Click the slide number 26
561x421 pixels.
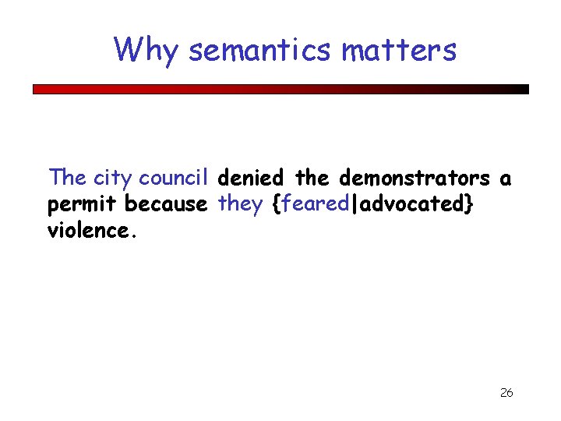[506, 392]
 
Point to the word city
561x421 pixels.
[112, 179]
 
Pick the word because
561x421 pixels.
[166, 204]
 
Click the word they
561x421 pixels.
[241, 204]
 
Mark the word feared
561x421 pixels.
[316, 204]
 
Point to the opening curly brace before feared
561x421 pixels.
[276, 205]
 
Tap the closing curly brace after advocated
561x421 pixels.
[467, 205]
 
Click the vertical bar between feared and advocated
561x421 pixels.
[355, 205]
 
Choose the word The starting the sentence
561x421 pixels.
[68, 178]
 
